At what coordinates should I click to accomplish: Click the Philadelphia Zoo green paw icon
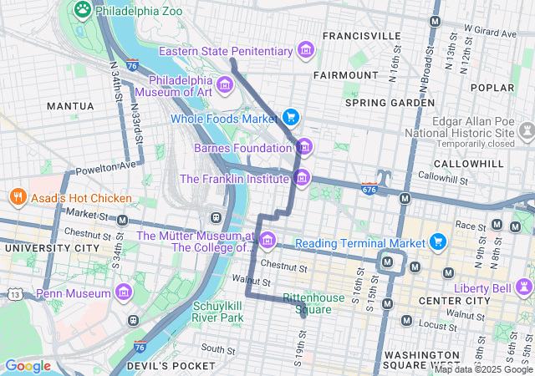82,9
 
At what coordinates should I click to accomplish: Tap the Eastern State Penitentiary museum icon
307,51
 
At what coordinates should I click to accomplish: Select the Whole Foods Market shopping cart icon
291,117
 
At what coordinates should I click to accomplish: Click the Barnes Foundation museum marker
303,148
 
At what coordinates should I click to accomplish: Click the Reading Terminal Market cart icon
439,242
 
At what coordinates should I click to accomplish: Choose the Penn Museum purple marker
125,293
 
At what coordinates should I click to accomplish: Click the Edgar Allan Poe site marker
527,131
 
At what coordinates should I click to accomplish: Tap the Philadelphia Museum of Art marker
224,85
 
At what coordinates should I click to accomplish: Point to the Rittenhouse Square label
314,303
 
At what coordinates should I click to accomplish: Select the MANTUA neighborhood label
70,106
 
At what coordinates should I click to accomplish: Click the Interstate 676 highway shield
369,190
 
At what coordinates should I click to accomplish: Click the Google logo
28,366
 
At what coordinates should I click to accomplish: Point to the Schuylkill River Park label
218,311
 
